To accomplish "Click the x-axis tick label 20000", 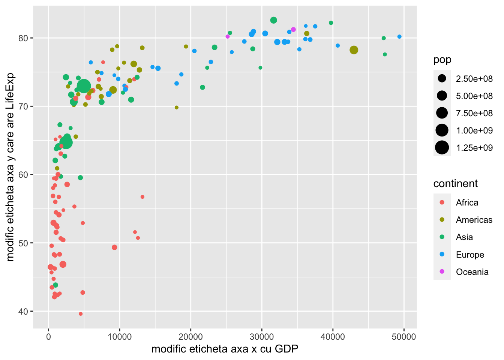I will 190,337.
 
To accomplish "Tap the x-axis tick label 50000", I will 403,337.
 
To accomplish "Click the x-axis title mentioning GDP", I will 225,349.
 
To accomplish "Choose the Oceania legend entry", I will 472,272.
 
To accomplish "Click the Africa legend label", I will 467,202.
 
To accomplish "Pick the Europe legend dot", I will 442,255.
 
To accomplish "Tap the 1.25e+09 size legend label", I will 474,148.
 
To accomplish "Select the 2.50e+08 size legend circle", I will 442,79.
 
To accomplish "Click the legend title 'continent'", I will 455,183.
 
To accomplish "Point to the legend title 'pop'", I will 442,60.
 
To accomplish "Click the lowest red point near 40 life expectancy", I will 81,314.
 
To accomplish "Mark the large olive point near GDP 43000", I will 354,50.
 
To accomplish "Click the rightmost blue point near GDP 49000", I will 399,37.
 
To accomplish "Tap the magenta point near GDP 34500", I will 293,30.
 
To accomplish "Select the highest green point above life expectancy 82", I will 273,20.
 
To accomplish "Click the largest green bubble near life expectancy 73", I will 84,86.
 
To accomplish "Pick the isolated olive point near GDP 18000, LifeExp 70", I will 177,108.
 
